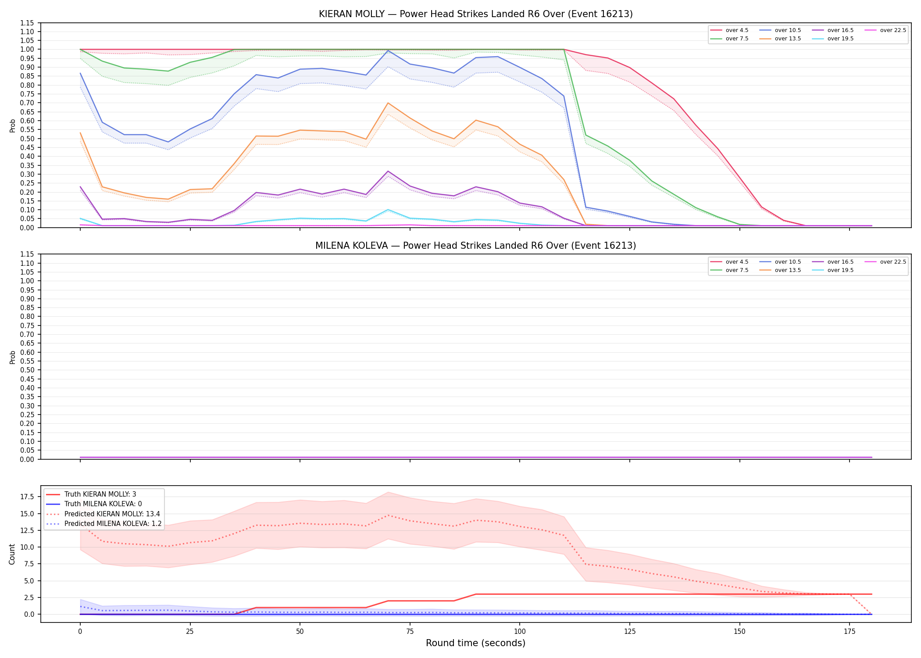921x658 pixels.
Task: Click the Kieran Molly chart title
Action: [x=475, y=14]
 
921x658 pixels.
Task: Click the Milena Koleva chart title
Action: [x=475, y=246]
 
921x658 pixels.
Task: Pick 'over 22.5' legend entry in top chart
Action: [x=885, y=30]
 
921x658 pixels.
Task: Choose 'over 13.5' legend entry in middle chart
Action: [x=780, y=270]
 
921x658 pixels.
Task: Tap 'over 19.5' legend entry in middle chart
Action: [x=833, y=270]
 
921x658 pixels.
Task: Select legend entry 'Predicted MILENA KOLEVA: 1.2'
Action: [x=104, y=524]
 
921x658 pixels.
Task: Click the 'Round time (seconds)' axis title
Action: [x=475, y=643]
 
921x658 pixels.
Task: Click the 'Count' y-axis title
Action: [x=12, y=554]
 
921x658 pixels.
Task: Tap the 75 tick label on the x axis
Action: [x=410, y=632]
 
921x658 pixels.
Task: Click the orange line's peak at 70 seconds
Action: [x=388, y=103]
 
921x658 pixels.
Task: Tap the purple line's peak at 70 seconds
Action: [x=388, y=171]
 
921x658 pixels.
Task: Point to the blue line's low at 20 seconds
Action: [x=168, y=142]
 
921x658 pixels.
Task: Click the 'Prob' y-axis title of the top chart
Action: [x=13, y=125]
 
